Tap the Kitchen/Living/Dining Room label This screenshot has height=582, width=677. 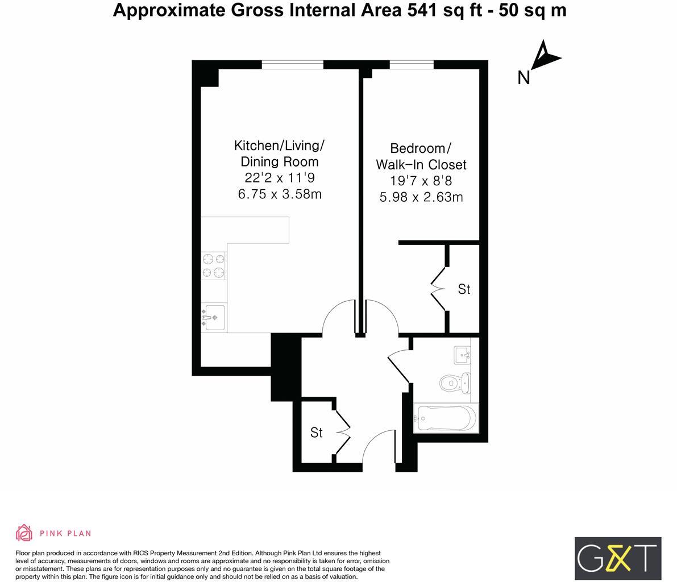click(279, 153)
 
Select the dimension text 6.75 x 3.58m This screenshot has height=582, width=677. click(279, 194)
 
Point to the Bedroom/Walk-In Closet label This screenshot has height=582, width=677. click(421, 156)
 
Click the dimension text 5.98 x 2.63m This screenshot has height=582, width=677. click(421, 197)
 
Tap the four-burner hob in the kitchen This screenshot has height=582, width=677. click(214, 266)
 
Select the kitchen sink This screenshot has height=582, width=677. click(214, 318)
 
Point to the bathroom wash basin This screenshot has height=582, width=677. click(462, 355)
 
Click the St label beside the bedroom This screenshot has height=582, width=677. click(464, 289)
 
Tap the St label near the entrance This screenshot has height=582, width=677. click(317, 433)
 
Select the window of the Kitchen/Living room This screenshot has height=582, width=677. click(292, 65)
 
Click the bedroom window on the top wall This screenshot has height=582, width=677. click(411, 65)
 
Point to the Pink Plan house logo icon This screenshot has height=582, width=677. click(24, 533)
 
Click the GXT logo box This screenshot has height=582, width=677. click(618, 558)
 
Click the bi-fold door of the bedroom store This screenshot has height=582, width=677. click(439, 289)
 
